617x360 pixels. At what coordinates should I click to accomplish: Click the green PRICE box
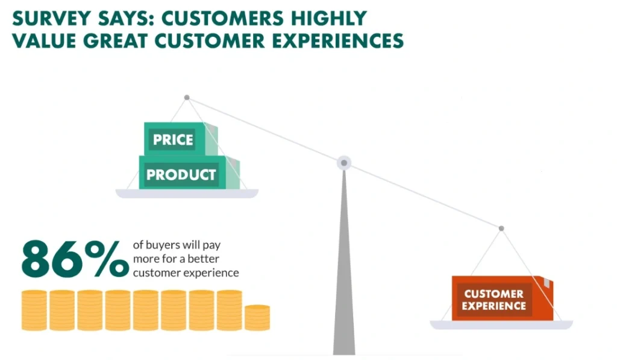tap(181, 139)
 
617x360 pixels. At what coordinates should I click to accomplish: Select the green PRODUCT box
tap(189, 172)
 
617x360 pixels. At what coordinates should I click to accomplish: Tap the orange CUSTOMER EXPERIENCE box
tap(502, 298)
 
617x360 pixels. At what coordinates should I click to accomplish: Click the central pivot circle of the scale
tap(344, 163)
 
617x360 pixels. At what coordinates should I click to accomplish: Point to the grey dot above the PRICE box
tap(187, 97)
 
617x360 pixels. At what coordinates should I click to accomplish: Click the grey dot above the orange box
tap(501, 229)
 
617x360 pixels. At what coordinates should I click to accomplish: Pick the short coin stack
tap(257, 317)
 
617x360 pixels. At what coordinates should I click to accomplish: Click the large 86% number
tap(75, 258)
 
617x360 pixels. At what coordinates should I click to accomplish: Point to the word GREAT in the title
tap(115, 41)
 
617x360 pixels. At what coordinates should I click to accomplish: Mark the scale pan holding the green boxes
tap(187, 194)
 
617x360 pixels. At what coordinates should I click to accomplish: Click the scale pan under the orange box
tap(501, 325)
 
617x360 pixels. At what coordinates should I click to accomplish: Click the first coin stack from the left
tap(34, 311)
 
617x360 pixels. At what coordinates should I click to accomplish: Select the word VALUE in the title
tap(44, 41)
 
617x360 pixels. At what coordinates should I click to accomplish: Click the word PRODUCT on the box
tap(181, 174)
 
